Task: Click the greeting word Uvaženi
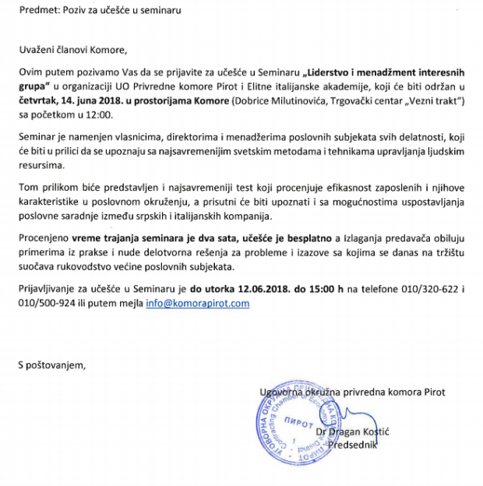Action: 37,51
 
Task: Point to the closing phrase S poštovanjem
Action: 53,363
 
